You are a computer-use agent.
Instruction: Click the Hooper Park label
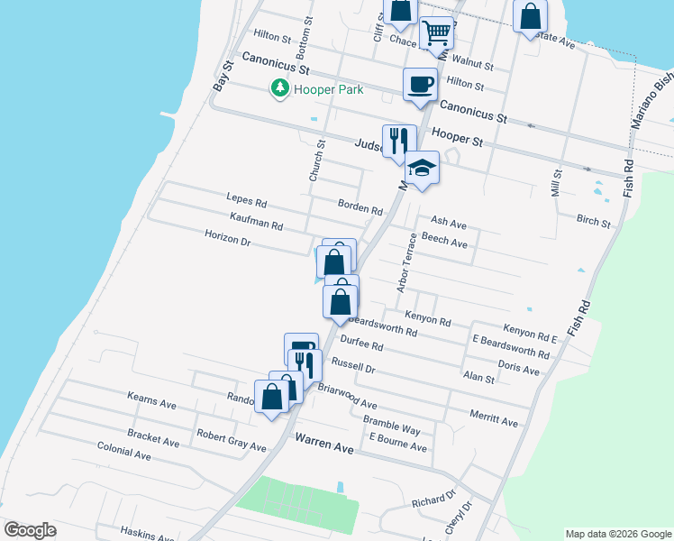[x=325, y=89]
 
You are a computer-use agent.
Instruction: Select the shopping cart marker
[x=437, y=34]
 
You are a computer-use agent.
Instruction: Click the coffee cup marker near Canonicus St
[x=420, y=85]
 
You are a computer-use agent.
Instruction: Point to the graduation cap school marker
[x=422, y=168]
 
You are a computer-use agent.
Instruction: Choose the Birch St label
[x=593, y=220]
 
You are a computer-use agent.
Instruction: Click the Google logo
[x=31, y=530]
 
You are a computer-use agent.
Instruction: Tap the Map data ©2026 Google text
[x=617, y=534]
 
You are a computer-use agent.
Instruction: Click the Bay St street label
[x=221, y=75]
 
